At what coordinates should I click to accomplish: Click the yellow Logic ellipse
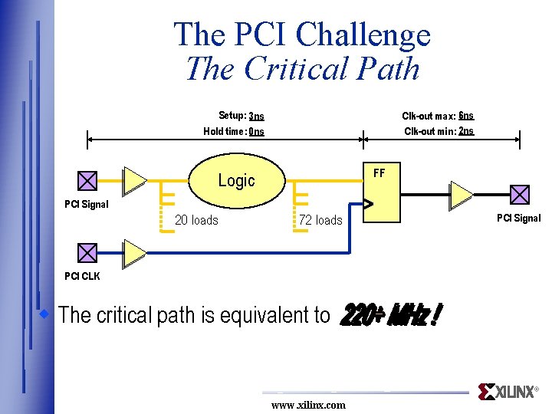click(x=236, y=181)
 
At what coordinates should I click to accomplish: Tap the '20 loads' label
click(x=196, y=220)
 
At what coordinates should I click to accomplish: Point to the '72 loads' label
click(x=320, y=220)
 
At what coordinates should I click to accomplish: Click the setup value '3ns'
click(x=256, y=117)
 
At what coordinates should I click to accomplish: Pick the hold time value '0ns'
click(x=256, y=132)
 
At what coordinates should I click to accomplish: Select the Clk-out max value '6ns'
click(x=466, y=116)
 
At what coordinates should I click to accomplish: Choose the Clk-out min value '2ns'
click(x=466, y=131)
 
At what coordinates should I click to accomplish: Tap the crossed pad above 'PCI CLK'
click(x=87, y=252)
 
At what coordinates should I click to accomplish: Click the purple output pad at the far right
click(x=520, y=195)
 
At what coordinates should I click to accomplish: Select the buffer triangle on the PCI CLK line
click(x=135, y=251)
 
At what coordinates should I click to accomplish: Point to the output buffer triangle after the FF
click(x=461, y=195)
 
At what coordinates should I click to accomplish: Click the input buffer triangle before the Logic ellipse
click(x=135, y=179)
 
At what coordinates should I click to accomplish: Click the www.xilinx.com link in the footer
click(x=308, y=405)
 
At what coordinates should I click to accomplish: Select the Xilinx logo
click(x=508, y=392)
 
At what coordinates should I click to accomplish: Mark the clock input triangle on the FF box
click(x=368, y=205)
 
